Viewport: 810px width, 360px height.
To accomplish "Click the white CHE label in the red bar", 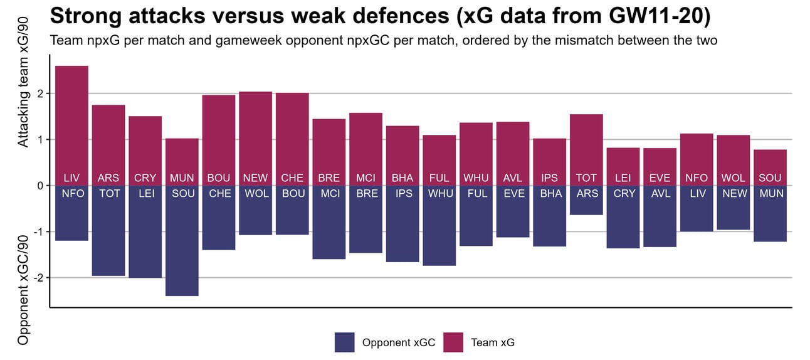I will [x=292, y=178].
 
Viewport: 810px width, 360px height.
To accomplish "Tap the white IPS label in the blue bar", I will [x=402, y=194].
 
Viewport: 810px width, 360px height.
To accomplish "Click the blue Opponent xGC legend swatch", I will [x=345, y=342].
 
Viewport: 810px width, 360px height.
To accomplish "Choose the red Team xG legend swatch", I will [x=453, y=342].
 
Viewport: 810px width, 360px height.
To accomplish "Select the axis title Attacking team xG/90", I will [x=23, y=101].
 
